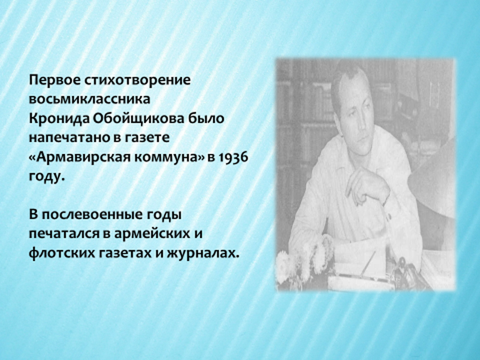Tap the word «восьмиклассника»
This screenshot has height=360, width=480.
90,99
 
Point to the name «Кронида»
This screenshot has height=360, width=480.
59,119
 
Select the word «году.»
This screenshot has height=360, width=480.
47,177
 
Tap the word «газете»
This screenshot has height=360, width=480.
147,138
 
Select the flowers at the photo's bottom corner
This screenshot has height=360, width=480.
303,263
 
